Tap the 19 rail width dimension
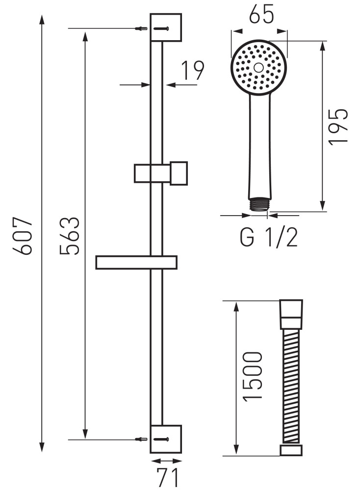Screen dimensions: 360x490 [193, 70]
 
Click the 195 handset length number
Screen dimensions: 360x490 [338, 126]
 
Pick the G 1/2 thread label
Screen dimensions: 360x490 [269, 238]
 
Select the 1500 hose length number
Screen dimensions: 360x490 [252, 376]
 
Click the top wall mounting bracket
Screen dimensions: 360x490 [166, 27]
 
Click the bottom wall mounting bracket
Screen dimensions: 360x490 [166, 439]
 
